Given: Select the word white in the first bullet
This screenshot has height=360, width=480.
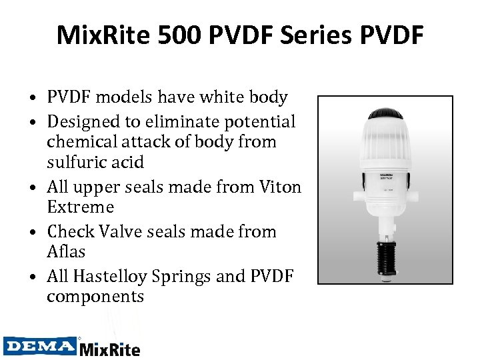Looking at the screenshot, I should click(x=221, y=97).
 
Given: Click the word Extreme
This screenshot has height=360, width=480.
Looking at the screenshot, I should click(x=80, y=207).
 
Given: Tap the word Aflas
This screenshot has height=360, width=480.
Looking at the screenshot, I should click(x=66, y=251).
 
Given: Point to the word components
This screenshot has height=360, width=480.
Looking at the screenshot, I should click(x=95, y=296).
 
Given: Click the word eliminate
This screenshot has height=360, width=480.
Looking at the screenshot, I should click(x=185, y=122).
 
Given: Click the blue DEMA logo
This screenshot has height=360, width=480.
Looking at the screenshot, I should click(x=39, y=346).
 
